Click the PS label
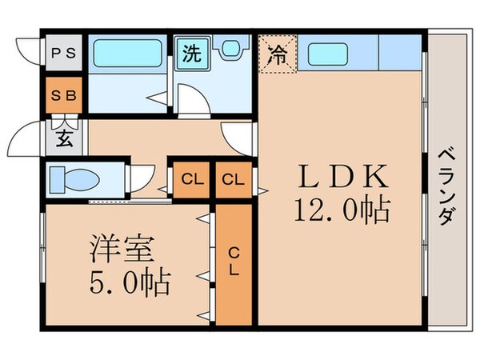[x=64, y=54]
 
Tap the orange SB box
[x=64, y=95]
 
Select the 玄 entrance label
[x=64, y=138]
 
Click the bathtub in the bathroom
[x=127, y=54]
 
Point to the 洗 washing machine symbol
[x=192, y=54]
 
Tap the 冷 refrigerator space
[x=277, y=54]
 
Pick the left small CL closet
[x=190, y=178]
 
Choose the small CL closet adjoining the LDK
[x=233, y=178]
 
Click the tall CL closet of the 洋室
[x=234, y=263]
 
